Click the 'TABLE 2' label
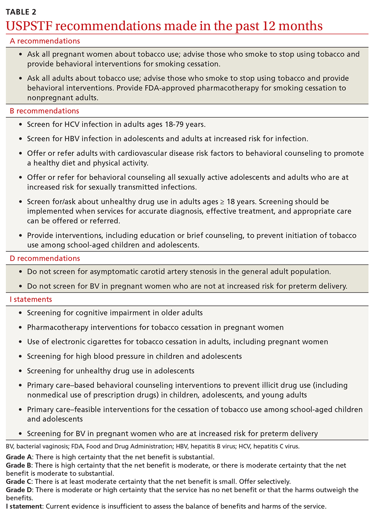tap(21, 12)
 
